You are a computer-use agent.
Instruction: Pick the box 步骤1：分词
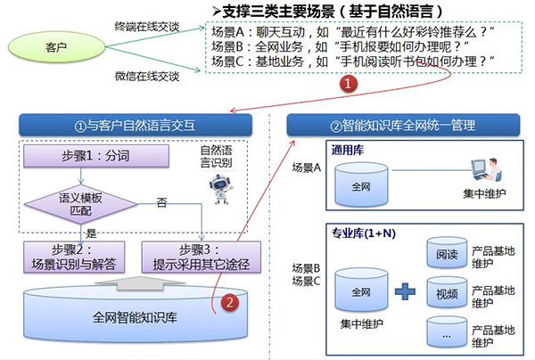tap(96, 158)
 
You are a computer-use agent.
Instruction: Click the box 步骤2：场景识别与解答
tap(73, 256)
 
